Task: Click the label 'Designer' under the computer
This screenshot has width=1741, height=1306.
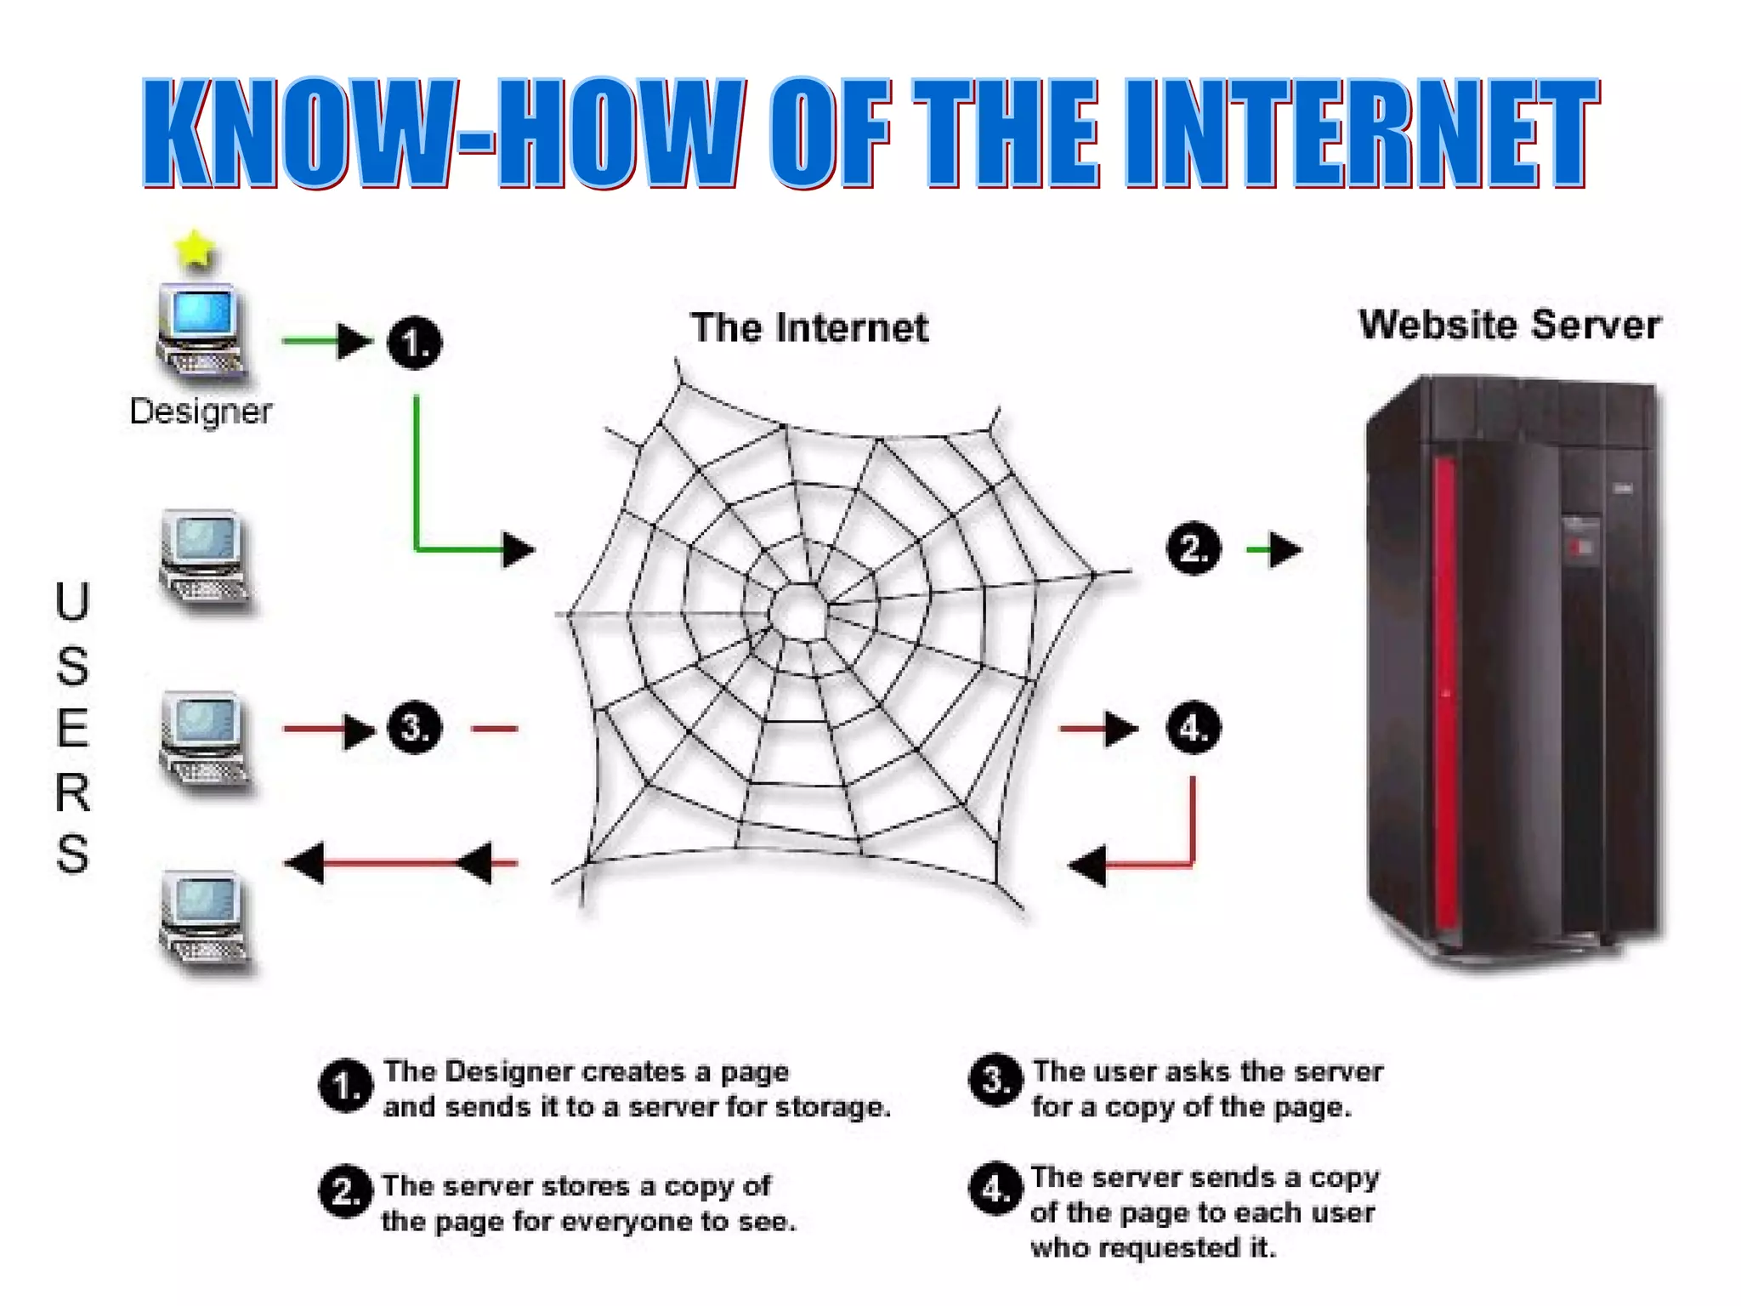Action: tap(201, 412)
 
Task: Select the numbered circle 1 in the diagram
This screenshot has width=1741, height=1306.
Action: tap(415, 343)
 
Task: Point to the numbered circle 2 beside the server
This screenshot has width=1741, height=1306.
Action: tap(1194, 548)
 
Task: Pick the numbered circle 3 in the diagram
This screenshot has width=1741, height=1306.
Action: tap(415, 728)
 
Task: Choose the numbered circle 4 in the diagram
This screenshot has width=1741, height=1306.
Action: tap(1194, 728)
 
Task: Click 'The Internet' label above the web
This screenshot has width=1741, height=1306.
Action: tap(809, 328)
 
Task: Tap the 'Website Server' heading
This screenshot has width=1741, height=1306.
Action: tap(1510, 325)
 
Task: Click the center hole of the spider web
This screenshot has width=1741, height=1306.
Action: tap(799, 610)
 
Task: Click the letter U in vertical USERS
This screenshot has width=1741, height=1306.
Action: tap(72, 602)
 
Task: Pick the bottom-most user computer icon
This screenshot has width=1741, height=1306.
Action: tap(204, 922)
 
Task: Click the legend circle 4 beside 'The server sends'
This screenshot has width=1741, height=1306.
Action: tap(995, 1189)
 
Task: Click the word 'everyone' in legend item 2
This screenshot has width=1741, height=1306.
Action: tap(627, 1222)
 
